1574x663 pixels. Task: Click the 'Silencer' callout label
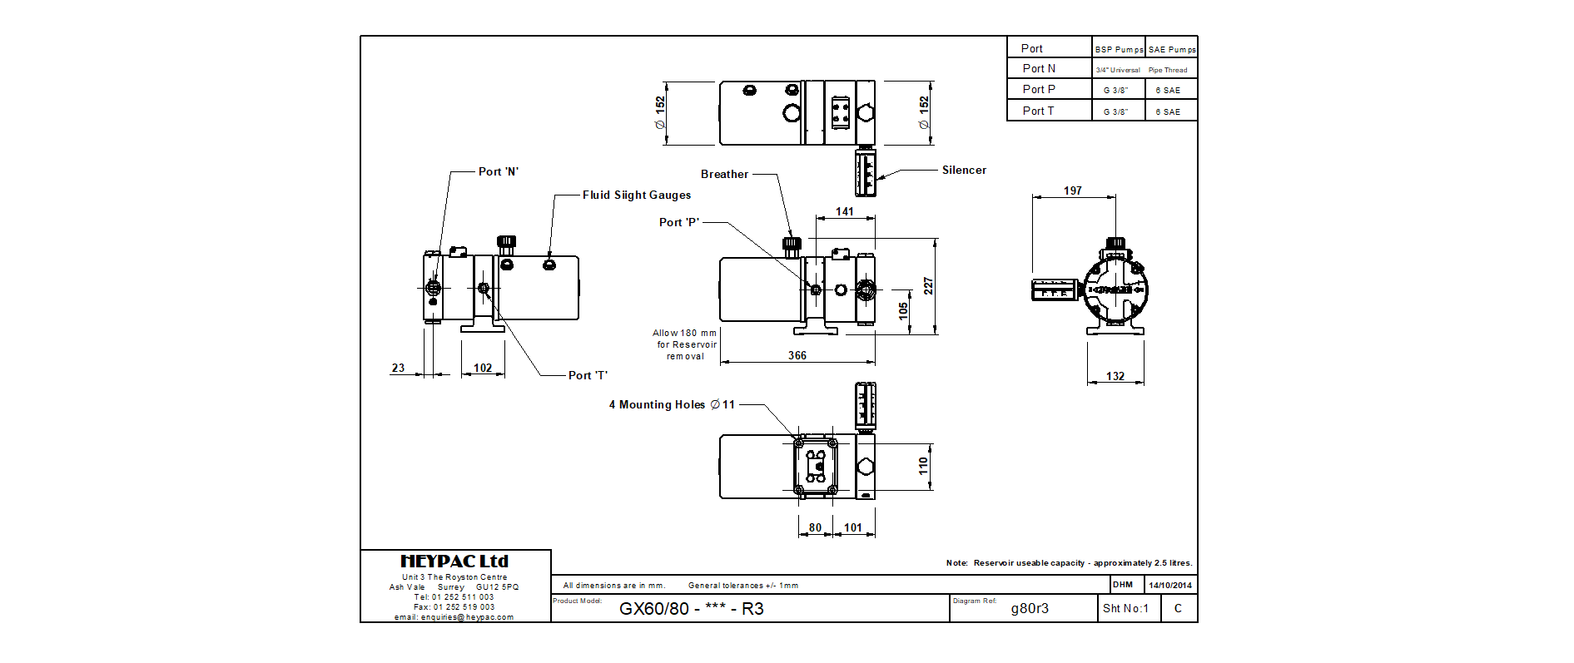point(964,171)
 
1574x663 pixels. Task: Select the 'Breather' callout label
point(724,175)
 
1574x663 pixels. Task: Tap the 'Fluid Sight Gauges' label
point(636,195)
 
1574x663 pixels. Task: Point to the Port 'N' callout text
point(498,172)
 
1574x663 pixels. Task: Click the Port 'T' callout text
point(588,376)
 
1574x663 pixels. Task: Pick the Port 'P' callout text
point(678,223)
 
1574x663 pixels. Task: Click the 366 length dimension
point(797,356)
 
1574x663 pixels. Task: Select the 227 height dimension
point(928,286)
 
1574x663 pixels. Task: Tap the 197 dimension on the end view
point(1073,191)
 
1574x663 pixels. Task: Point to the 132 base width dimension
point(1115,377)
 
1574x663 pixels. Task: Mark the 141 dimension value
point(845,212)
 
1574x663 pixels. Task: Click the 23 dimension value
point(398,369)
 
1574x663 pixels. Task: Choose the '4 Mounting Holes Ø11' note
point(672,405)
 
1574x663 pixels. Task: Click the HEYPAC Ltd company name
point(454,562)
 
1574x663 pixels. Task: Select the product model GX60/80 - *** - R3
point(691,609)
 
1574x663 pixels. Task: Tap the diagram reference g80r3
point(1030,609)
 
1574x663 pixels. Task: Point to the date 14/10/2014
point(1170,586)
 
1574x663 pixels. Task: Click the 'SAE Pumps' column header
point(1172,50)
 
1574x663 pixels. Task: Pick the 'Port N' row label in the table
point(1039,69)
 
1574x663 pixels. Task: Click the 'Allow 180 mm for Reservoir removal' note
point(685,344)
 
